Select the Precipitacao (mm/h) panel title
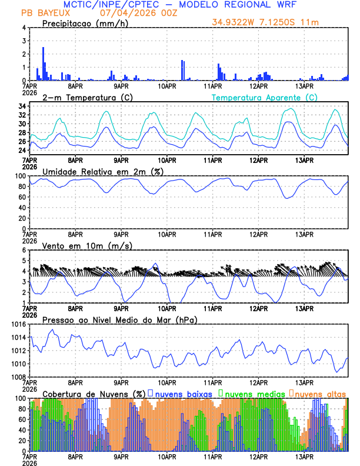[82, 23]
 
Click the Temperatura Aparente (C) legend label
[264, 97]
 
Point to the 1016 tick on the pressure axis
[18, 324]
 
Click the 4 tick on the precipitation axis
[24, 28]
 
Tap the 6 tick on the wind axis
[24, 250]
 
